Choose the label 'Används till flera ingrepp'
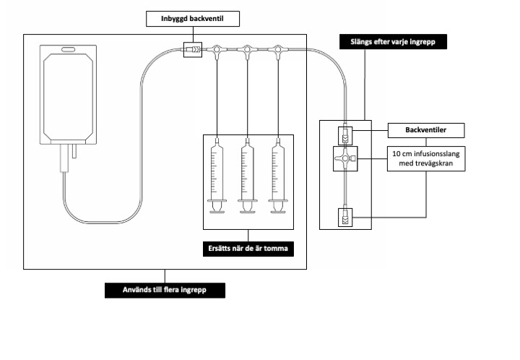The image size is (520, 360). [x=164, y=291]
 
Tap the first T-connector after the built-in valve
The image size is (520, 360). [x=217, y=51]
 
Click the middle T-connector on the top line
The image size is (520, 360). [x=248, y=51]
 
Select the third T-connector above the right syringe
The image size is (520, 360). [x=278, y=51]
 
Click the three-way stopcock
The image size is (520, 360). [x=345, y=158]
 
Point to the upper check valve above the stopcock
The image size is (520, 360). [x=345, y=134]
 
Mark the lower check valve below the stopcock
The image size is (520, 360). [x=345, y=216]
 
